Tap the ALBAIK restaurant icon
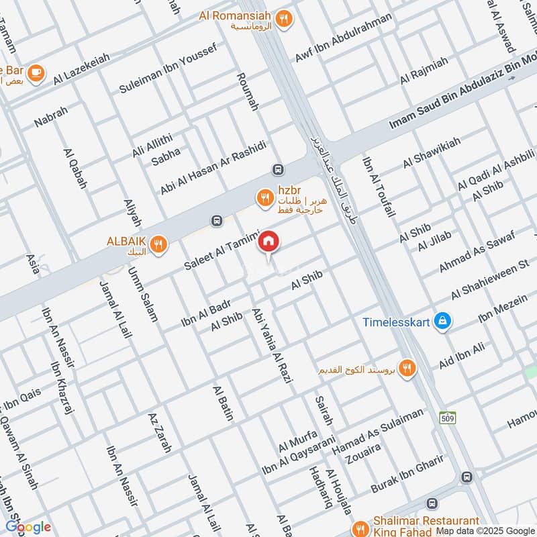[159, 244]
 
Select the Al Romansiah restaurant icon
[286, 19]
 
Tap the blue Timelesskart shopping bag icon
[442, 322]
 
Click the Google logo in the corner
[28, 527]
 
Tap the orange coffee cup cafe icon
[36, 71]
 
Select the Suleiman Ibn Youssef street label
[168, 68]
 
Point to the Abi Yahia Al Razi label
[273, 346]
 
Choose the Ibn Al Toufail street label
[376, 187]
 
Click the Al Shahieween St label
[491, 281]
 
